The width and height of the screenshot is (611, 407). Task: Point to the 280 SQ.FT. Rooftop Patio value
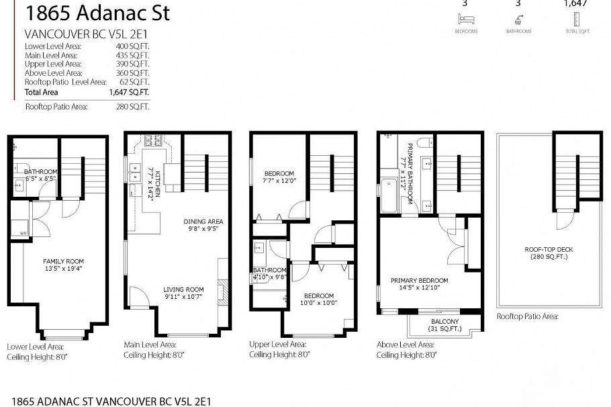coord(133,106)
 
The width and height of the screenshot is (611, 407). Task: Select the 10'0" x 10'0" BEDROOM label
coord(318,299)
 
